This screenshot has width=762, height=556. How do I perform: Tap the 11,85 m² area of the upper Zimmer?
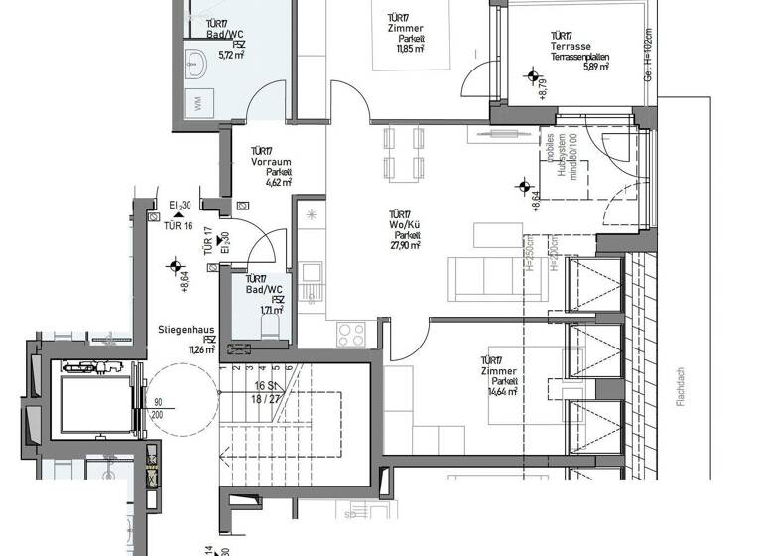[410, 47]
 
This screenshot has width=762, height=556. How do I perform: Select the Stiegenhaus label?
[182, 329]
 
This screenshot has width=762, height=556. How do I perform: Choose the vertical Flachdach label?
[680, 382]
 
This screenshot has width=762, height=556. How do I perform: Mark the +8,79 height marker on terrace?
[544, 90]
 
